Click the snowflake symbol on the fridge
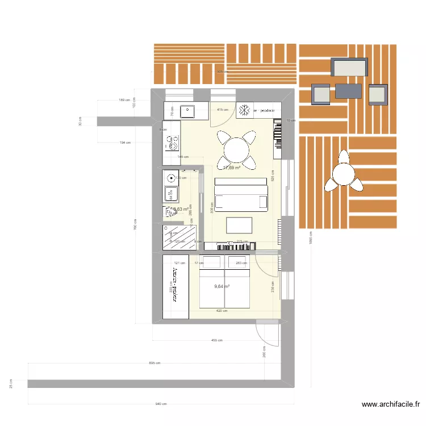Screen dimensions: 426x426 [x=245, y=110]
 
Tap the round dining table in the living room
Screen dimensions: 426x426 [x=235, y=150]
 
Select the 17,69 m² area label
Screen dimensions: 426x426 [x=232, y=168]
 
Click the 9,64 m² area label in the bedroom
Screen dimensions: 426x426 [x=222, y=287]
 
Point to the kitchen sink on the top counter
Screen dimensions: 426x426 [x=187, y=110]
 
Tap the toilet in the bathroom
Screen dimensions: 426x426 [x=170, y=212]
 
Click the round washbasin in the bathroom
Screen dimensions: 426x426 [x=170, y=177]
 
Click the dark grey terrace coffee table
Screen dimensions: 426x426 [x=348, y=91]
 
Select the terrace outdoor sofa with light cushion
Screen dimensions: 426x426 [x=350, y=68]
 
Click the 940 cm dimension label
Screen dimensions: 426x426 [x=161, y=404]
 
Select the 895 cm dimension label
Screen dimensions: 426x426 [x=154, y=363]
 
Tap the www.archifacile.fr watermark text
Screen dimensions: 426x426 [x=391, y=404]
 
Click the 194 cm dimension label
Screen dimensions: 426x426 [x=125, y=143]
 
